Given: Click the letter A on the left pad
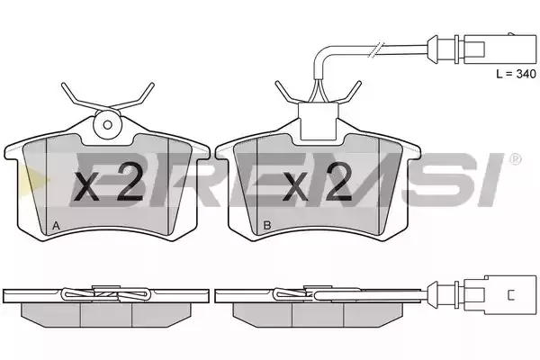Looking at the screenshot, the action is point(56,226).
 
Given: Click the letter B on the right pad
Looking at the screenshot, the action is point(267,225).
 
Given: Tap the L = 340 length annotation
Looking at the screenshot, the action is point(516,74).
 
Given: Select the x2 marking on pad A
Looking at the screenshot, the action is point(109,182).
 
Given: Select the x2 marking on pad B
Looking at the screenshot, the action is point(317,182).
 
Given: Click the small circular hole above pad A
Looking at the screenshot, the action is point(108,125).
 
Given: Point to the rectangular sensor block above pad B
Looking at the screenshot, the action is point(319,121).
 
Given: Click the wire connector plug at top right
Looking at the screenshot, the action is point(482,49).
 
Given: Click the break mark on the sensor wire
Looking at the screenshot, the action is point(375,49).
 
